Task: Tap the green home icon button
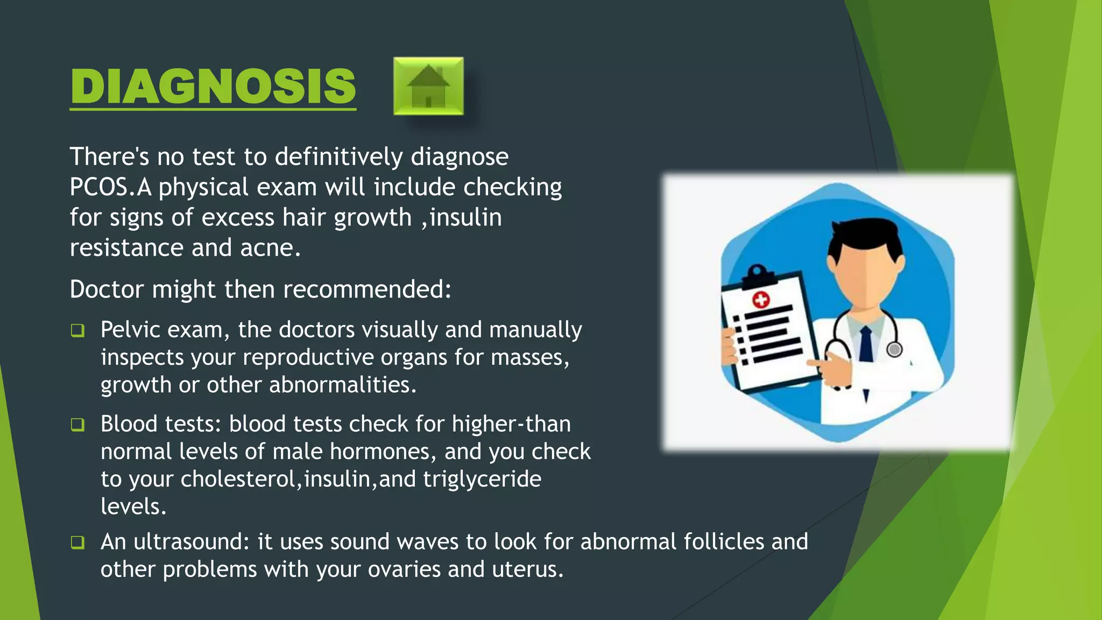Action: click(x=428, y=86)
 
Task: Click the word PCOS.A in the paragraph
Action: click(x=110, y=187)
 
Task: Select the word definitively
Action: click(x=338, y=157)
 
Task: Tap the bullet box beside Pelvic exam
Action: click(x=78, y=330)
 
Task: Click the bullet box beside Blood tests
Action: click(x=78, y=425)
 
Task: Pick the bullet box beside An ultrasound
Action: click(x=78, y=542)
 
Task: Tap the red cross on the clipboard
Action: click(x=761, y=299)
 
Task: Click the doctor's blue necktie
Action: click(x=866, y=344)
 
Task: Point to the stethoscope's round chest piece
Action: click(x=894, y=350)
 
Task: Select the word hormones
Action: click(x=379, y=452)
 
